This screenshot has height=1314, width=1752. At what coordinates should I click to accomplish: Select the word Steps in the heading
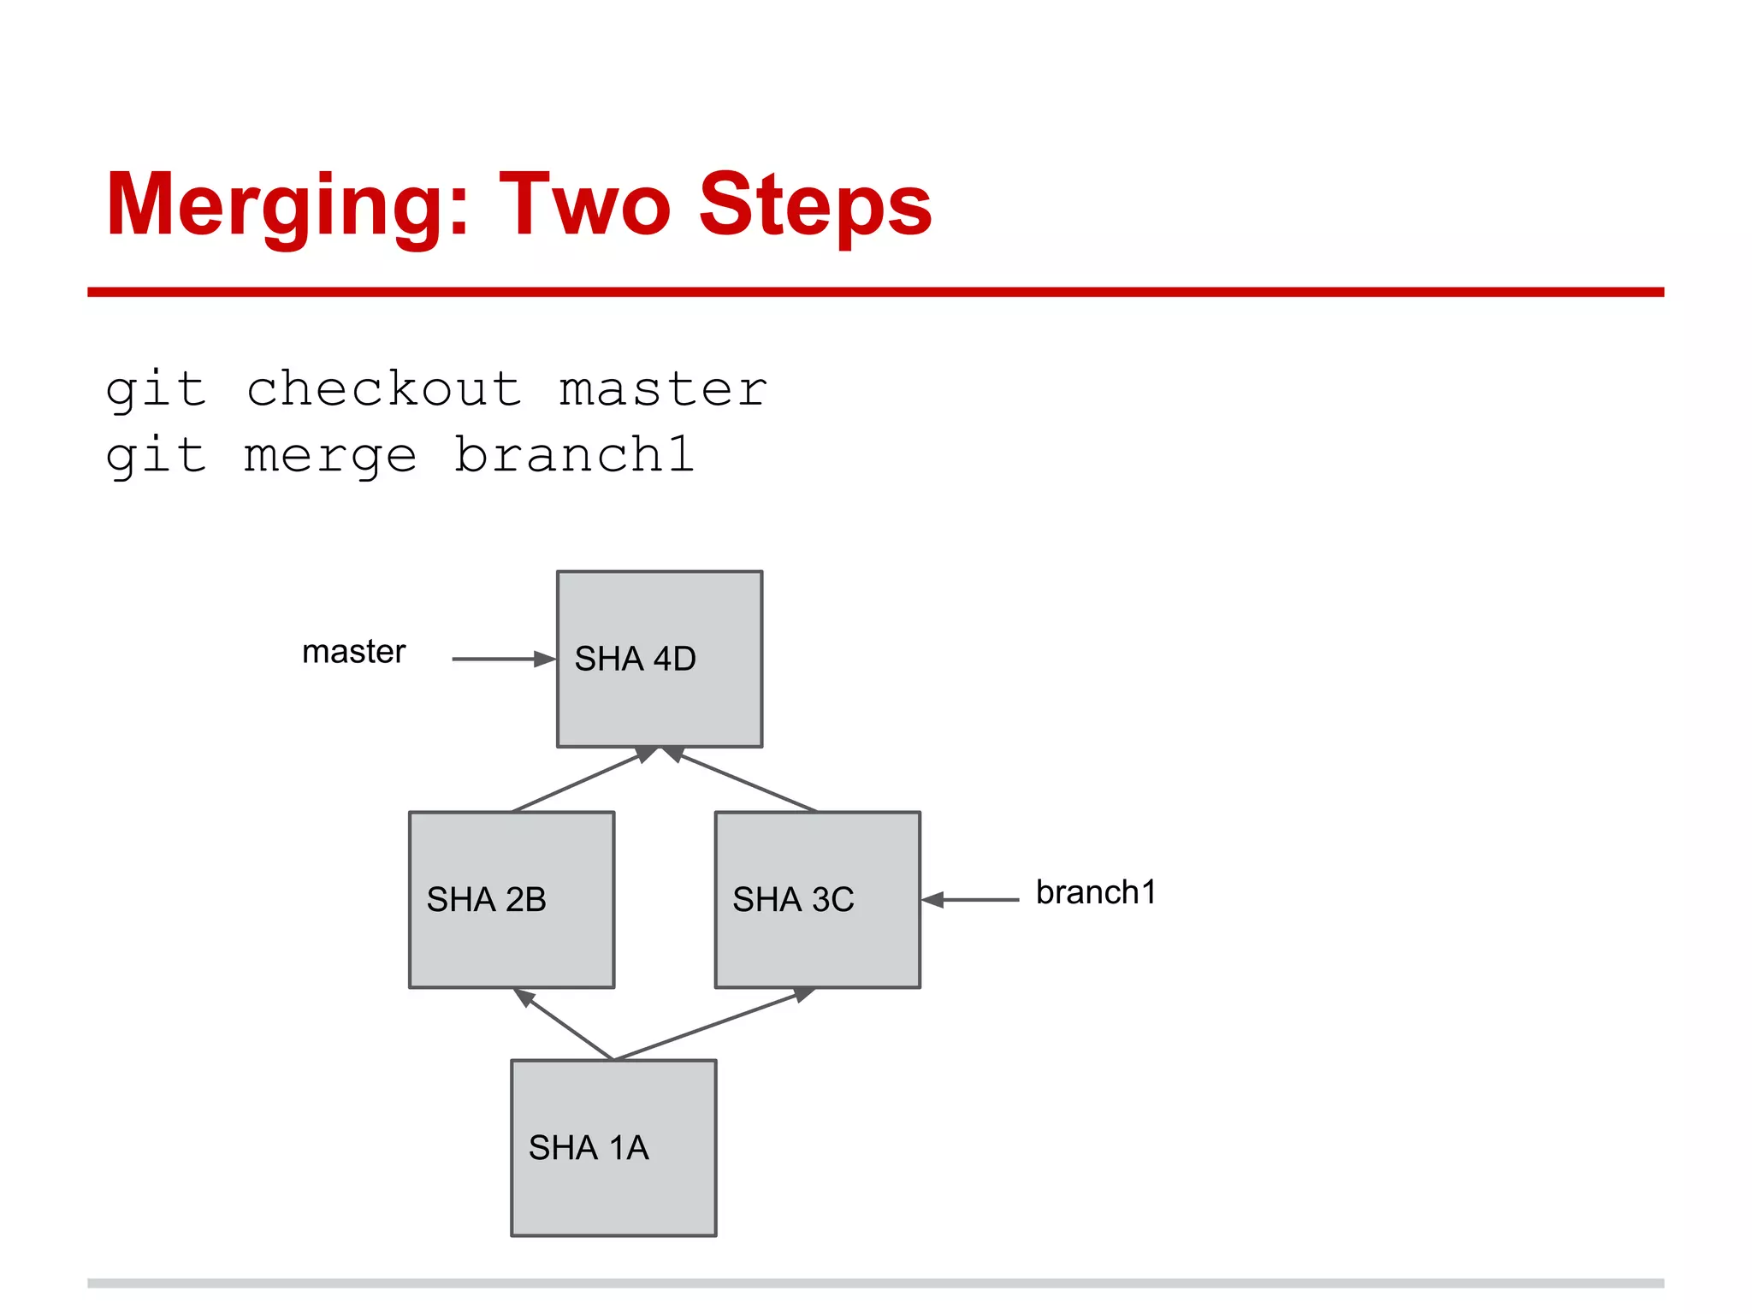814,205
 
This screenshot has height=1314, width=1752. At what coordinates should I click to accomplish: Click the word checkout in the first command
384,390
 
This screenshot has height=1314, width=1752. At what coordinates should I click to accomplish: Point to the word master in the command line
663,390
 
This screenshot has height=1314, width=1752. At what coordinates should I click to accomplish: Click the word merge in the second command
330,456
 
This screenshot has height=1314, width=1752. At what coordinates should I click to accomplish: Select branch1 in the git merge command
573,454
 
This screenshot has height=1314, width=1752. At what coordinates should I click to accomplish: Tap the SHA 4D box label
635,659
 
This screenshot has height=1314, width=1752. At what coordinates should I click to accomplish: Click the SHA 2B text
486,899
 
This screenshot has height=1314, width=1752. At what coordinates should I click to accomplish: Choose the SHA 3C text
793,899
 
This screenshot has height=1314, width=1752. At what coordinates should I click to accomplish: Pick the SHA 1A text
589,1147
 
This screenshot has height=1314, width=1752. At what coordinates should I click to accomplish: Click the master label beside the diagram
353,652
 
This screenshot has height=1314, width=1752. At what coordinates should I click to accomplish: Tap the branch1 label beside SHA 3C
1095,892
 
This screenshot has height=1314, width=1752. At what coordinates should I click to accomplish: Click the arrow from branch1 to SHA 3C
971,900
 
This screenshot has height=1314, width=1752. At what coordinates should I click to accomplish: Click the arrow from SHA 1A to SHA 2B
565,1024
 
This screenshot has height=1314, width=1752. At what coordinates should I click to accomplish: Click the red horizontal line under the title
875,292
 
